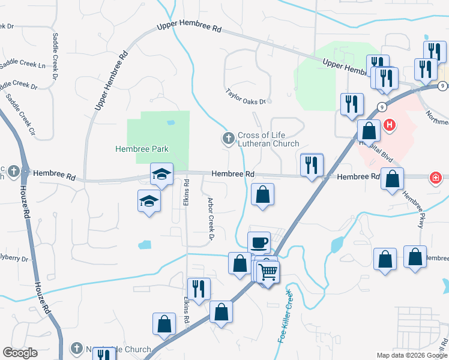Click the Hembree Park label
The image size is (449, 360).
(142, 149)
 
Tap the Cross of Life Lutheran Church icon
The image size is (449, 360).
(228, 139)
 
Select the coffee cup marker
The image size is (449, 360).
(259, 242)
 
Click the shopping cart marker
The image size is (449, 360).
(268, 272)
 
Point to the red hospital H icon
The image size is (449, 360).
(390, 125)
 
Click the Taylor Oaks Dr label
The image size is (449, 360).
(245, 96)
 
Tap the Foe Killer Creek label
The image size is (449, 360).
(285, 316)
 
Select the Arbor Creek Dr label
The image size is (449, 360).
(211, 218)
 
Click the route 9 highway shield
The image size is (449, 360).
(381, 107)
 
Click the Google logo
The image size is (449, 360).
(20, 353)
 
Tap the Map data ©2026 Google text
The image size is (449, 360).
(411, 355)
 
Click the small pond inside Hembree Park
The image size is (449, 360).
(171, 122)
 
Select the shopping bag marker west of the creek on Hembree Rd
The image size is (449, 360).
(262, 194)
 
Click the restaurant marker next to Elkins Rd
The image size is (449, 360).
(198, 289)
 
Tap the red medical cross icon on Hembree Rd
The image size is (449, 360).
(435, 178)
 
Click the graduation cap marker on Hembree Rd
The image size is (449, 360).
(161, 174)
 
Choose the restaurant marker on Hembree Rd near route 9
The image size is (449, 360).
(311, 165)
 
